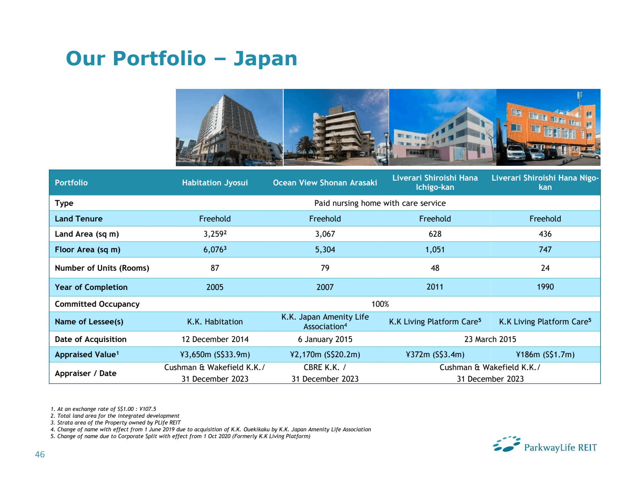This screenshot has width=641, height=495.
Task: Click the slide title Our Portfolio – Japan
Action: coord(181,58)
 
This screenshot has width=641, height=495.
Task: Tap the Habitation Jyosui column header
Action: coord(215,183)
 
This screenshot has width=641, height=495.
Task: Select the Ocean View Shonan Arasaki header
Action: coord(325,183)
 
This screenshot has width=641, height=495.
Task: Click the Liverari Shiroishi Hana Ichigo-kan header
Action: coord(435,183)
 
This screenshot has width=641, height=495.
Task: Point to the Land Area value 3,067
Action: coord(325,234)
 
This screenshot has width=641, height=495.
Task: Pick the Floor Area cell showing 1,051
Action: coord(435,250)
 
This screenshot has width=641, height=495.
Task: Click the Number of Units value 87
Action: coord(215,268)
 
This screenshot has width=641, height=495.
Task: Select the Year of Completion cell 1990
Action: coord(545,287)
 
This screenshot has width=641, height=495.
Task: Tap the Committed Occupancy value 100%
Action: coord(380,304)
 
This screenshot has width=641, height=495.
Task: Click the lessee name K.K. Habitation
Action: coord(215,322)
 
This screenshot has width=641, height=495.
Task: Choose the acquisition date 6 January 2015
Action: coord(325,339)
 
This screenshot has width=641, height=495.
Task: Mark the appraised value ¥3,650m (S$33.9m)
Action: coord(215,354)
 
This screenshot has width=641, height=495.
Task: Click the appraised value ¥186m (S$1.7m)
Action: coord(545,354)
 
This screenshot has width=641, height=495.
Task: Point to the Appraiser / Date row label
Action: coord(86,373)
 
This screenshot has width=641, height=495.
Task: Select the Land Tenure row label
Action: coord(79,219)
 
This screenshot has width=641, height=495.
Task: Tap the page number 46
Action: coord(40,454)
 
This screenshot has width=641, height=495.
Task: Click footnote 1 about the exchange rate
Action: coord(103,409)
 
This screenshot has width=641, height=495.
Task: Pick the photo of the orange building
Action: coord(548,127)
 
